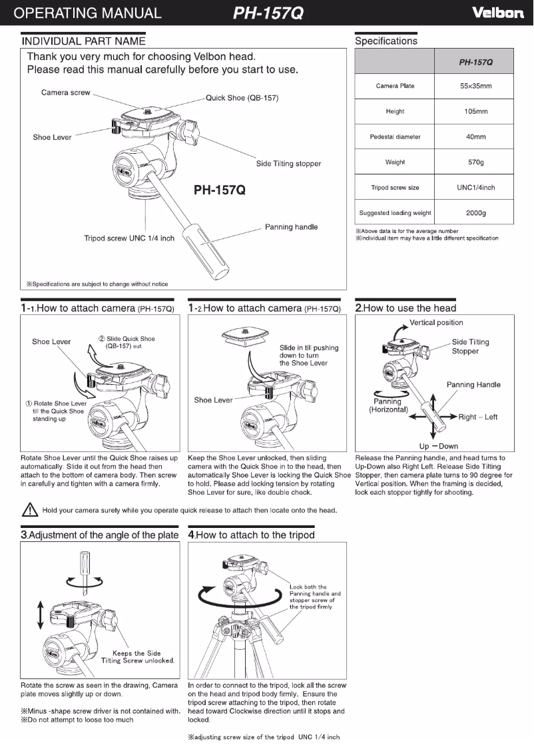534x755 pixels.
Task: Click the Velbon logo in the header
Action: pyautogui.click(x=497, y=13)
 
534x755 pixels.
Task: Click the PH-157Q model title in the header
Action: pyautogui.click(x=268, y=13)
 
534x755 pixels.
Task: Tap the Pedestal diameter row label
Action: pyautogui.click(x=395, y=136)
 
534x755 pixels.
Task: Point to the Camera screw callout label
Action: pyautogui.click(x=65, y=93)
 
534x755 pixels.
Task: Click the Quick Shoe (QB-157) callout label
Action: pyautogui.click(x=242, y=98)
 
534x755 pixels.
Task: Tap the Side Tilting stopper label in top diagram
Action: pyautogui.click(x=288, y=164)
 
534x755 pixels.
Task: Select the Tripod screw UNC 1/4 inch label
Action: pyautogui.click(x=129, y=238)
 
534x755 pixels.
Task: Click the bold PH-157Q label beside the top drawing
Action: pyautogui.click(x=220, y=190)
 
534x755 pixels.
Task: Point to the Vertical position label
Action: pyautogui.click(x=436, y=323)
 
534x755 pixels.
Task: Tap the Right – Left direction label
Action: pyautogui.click(x=478, y=417)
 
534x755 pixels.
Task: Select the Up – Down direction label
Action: pyautogui.click(x=438, y=446)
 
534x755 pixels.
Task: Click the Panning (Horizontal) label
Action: pyautogui.click(x=388, y=405)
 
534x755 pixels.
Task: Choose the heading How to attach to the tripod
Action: pyautogui.click(x=252, y=535)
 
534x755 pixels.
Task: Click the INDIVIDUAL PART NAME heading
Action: pyautogui.click(x=84, y=41)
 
